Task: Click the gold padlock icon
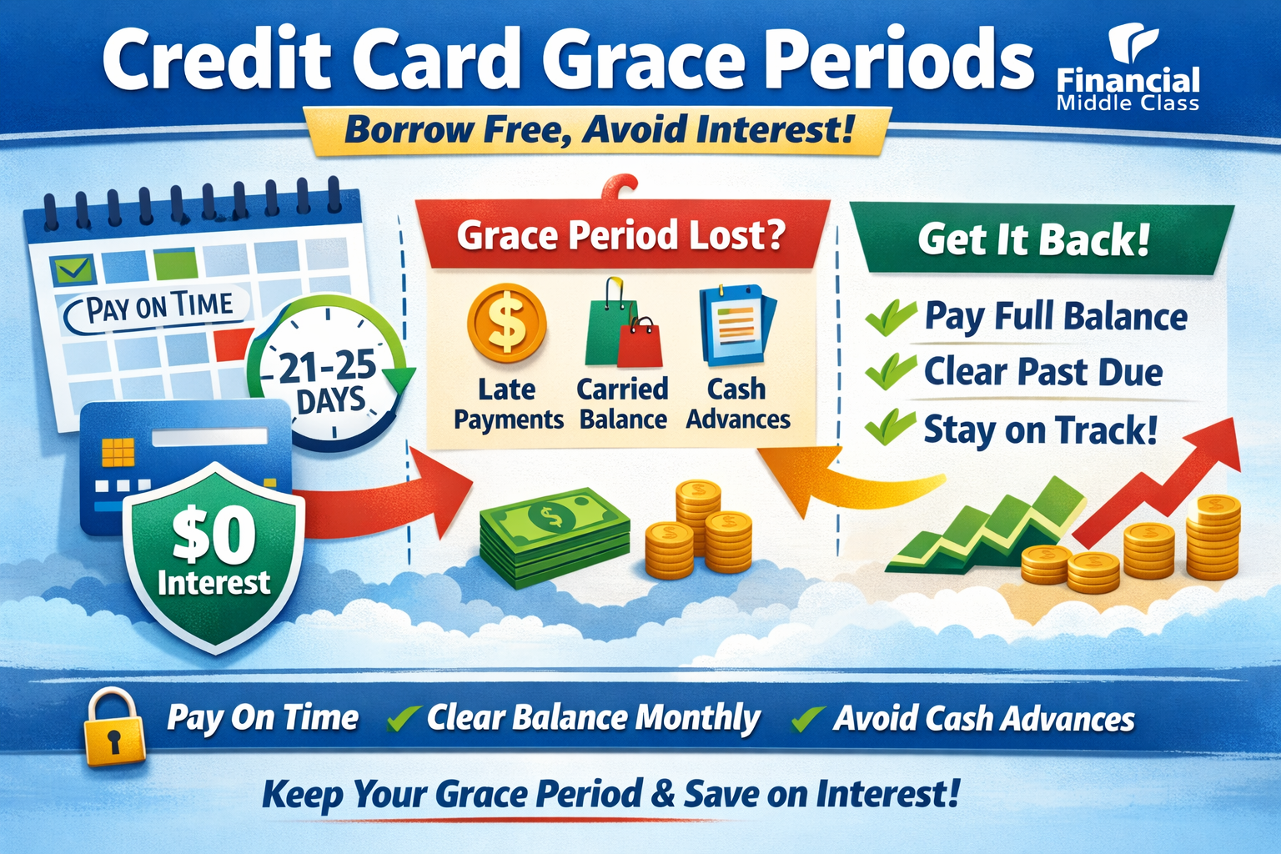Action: (x=114, y=727)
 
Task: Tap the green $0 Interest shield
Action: (x=213, y=555)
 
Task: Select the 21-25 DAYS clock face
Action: (x=327, y=375)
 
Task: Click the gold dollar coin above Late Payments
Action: (x=506, y=324)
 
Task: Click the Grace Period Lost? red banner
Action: (x=621, y=235)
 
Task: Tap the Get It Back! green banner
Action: (x=1034, y=240)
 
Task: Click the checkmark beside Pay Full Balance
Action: (x=891, y=317)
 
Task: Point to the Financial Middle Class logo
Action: (x=1128, y=71)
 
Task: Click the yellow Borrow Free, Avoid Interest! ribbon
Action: (x=598, y=131)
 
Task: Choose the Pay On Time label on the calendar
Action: (x=158, y=308)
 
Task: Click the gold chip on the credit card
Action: (x=118, y=451)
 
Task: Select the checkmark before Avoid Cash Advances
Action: (x=807, y=718)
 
